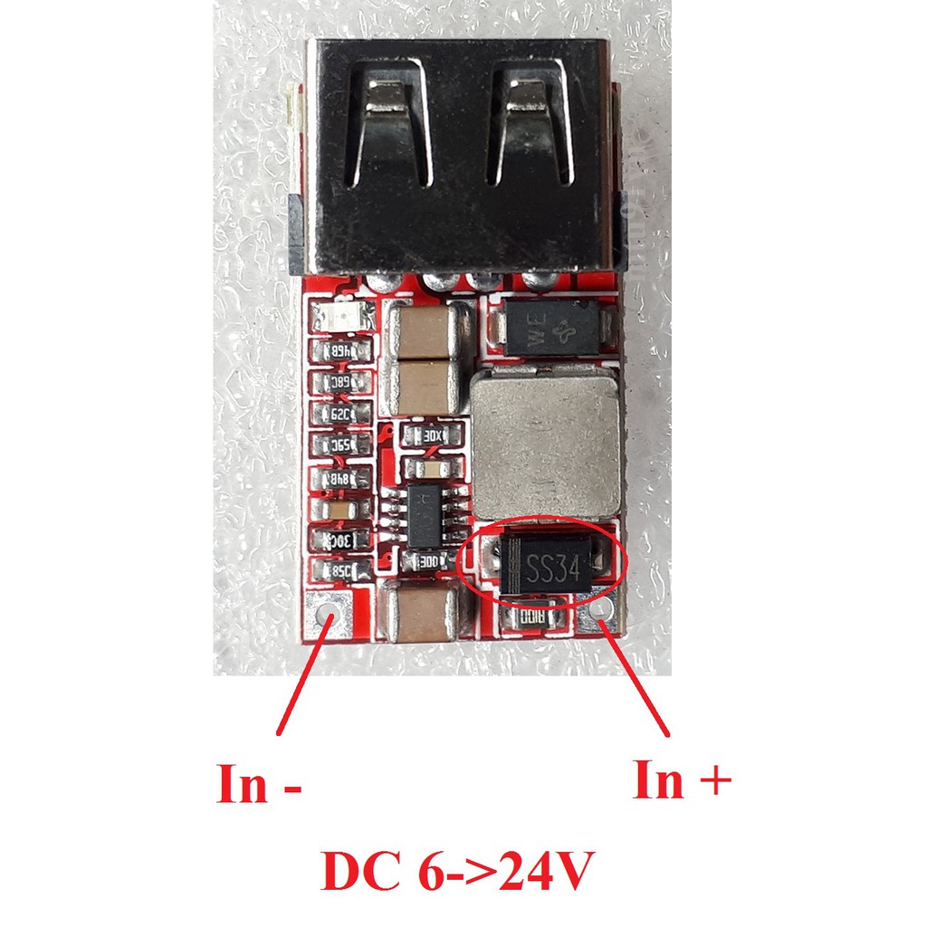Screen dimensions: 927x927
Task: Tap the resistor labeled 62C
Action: pyautogui.click(x=341, y=414)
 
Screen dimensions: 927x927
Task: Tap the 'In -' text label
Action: pyautogui.click(x=258, y=784)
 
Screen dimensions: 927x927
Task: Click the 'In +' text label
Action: pyautogui.click(x=681, y=779)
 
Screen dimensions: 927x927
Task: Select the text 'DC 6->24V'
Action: pyautogui.click(x=457, y=874)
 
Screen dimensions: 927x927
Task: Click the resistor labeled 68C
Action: pyautogui.click(x=340, y=382)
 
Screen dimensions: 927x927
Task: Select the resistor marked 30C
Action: pyautogui.click(x=340, y=540)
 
